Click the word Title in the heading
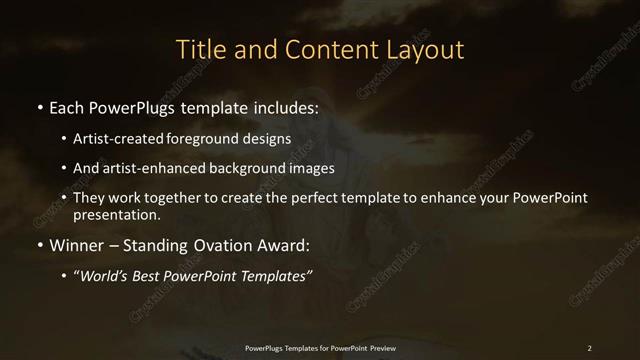click(199, 49)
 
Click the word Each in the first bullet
click(67, 106)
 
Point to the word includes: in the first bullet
click(280, 106)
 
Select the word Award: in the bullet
click(284, 244)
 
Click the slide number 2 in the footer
click(589, 348)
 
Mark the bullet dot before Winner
click(39, 245)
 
